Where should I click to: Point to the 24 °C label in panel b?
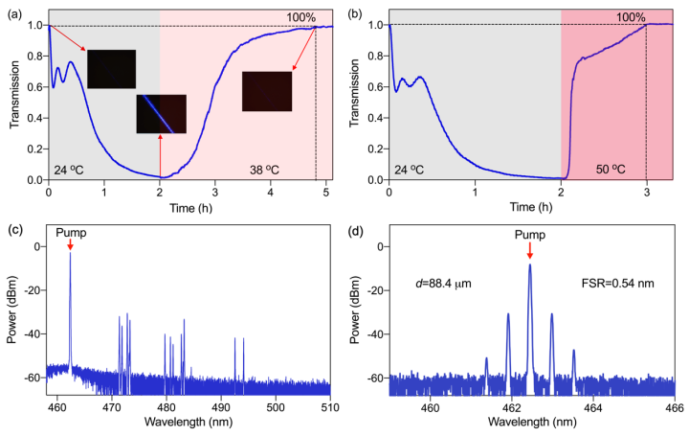pyautogui.click(x=411, y=165)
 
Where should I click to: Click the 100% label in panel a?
pyautogui.click(x=300, y=16)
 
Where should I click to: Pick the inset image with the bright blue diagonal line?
pyautogui.click(x=161, y=113)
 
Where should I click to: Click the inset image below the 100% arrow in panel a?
pyautogui.click(x=267, y=91)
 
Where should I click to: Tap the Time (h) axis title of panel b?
pyautogui.click(x=530, y=206)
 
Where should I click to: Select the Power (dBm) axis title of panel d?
pyautogui.click(x=355, y=311)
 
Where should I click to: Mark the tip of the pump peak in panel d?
pyautogui.click(x=530, y=265)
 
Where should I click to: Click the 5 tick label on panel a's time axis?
pyautogui.click(x=325, y=191)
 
